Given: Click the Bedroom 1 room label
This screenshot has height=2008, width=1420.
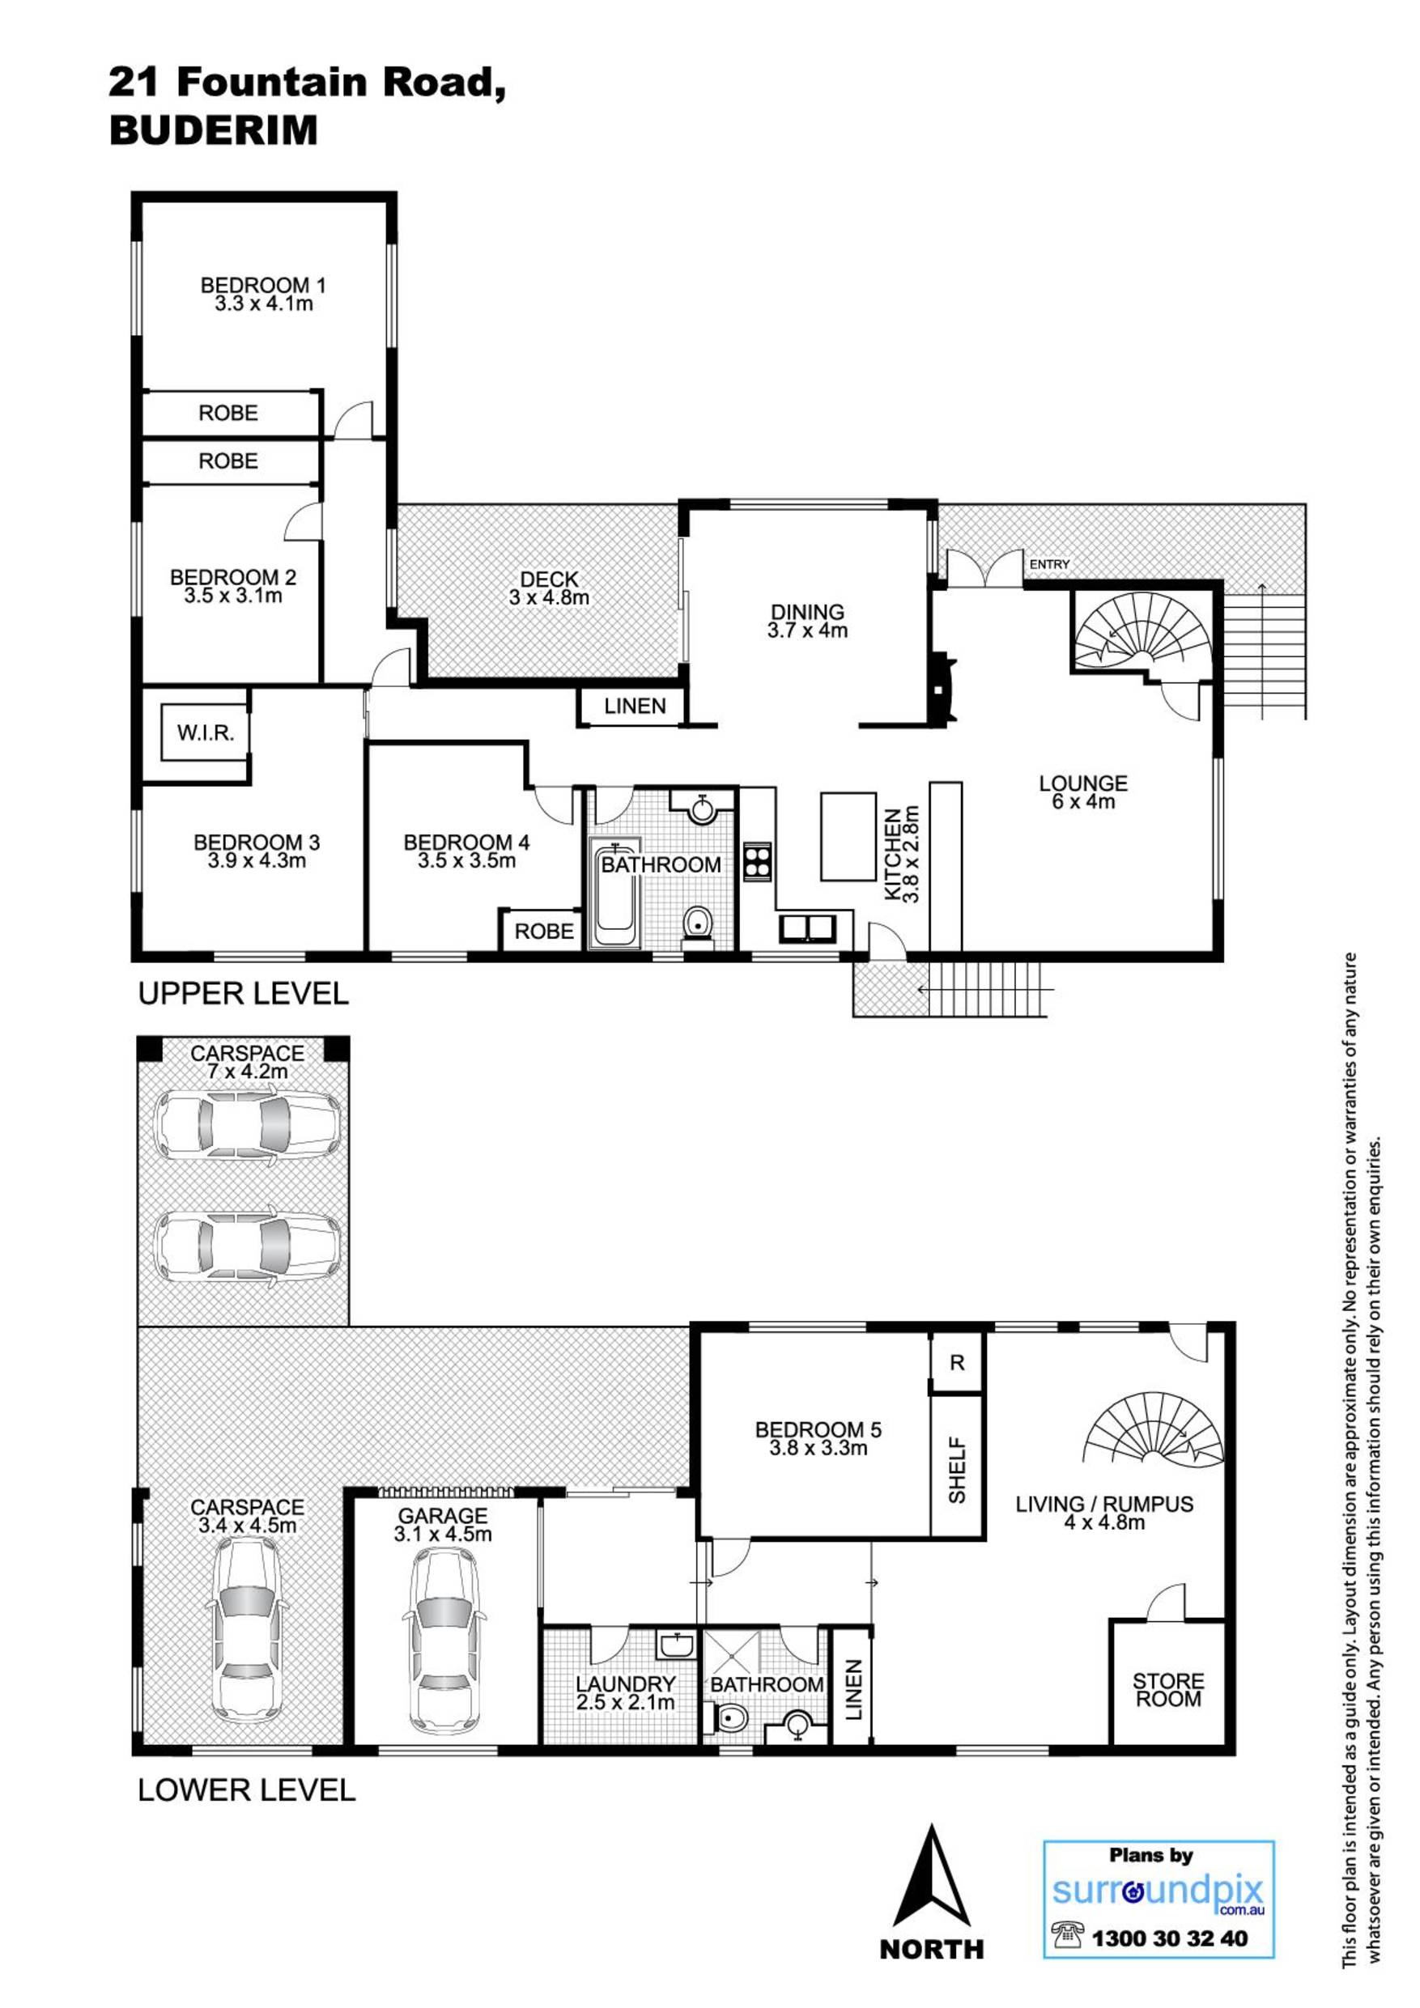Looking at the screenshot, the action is point(263,294).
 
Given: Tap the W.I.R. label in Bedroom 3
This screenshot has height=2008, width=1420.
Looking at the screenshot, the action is point(206,733).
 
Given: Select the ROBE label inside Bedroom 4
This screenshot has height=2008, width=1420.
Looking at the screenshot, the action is point(543,932).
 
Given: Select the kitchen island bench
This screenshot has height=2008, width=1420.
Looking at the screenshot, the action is point(848,836).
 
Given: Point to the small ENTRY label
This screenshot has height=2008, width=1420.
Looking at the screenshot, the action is point(1049,565).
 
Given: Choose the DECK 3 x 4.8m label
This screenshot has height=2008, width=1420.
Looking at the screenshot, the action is point(549,588).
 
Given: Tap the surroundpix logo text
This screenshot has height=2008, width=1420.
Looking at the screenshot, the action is point(1158,1891).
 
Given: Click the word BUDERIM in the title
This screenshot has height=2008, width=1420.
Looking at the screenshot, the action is point(213,131).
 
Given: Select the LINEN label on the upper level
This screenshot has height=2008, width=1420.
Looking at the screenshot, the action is point(635,706).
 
